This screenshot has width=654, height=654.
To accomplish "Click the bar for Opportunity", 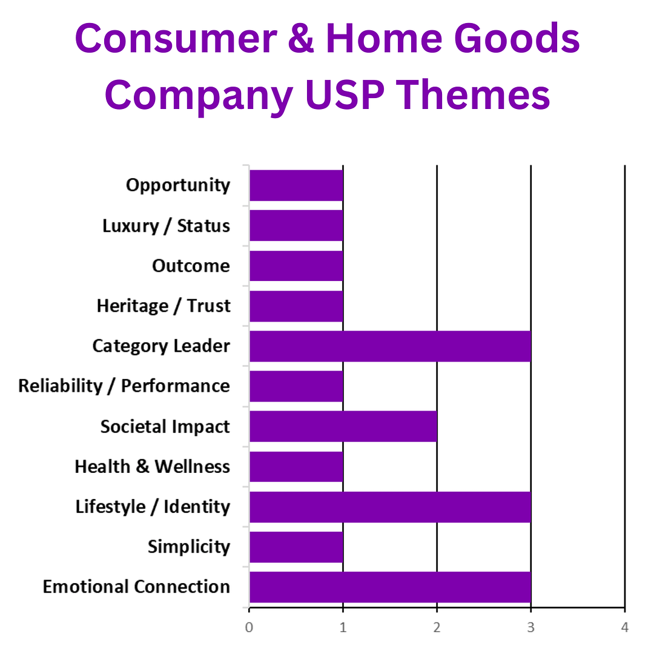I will [296, 185].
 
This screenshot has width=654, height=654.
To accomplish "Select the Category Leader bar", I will [390, 346].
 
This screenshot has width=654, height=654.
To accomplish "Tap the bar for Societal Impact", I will [343, 426].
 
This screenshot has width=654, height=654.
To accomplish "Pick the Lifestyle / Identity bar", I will [390, 507].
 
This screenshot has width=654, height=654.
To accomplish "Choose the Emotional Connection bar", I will [390, 587].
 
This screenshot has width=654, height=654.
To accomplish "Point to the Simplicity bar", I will [296, 547].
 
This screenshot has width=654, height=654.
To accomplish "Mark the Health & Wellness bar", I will [296, 466].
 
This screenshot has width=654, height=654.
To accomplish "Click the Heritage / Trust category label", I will [163, 306].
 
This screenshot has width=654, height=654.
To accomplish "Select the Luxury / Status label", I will [166, 226].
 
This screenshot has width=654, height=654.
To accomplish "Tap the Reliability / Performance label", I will [124, 386].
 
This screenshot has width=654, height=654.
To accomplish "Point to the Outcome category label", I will [191, 266].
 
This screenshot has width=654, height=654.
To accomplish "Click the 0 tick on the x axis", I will [249, 627].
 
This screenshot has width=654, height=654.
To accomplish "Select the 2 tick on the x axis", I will [437, 627].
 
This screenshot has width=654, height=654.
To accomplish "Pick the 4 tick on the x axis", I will [624, 627].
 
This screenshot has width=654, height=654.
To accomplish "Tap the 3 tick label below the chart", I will [530, 627].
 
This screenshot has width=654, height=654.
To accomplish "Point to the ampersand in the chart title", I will [306, 39].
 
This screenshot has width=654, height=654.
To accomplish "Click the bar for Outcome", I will [296, 266].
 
